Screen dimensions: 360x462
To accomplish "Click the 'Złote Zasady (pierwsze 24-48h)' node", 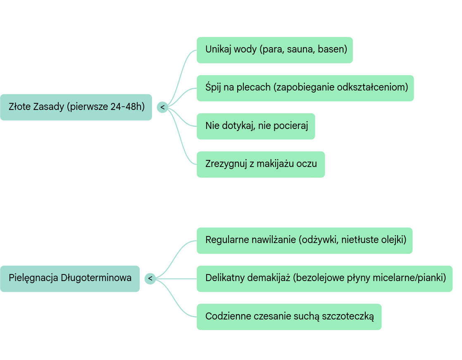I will (76, 107).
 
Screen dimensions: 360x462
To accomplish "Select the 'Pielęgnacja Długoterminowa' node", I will (70, 278).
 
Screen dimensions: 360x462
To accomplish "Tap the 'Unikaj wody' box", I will (274, 50).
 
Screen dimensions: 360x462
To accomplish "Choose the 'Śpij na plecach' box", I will (305, 88).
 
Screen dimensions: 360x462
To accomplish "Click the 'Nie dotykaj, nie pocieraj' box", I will (256, 126).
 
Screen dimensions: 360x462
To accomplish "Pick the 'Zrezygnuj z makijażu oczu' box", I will (261, 164).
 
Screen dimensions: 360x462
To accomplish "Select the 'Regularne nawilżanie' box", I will (305, 240).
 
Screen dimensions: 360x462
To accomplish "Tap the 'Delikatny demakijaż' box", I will (324, 278).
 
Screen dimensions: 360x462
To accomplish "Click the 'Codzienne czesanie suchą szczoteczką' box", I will (289, 317).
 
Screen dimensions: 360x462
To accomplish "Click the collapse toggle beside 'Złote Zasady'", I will (162, 107).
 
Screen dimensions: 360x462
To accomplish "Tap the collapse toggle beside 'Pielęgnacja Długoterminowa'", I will (150, 279).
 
